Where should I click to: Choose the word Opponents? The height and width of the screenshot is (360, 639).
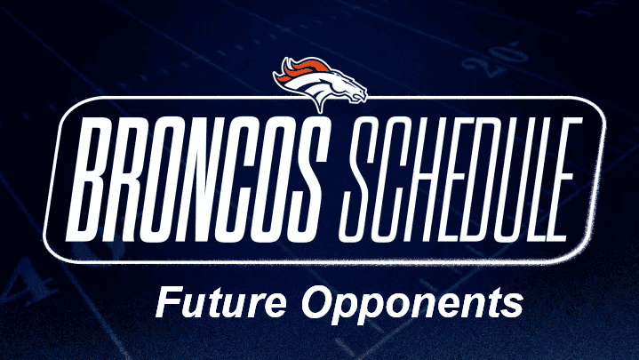[408, 305]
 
